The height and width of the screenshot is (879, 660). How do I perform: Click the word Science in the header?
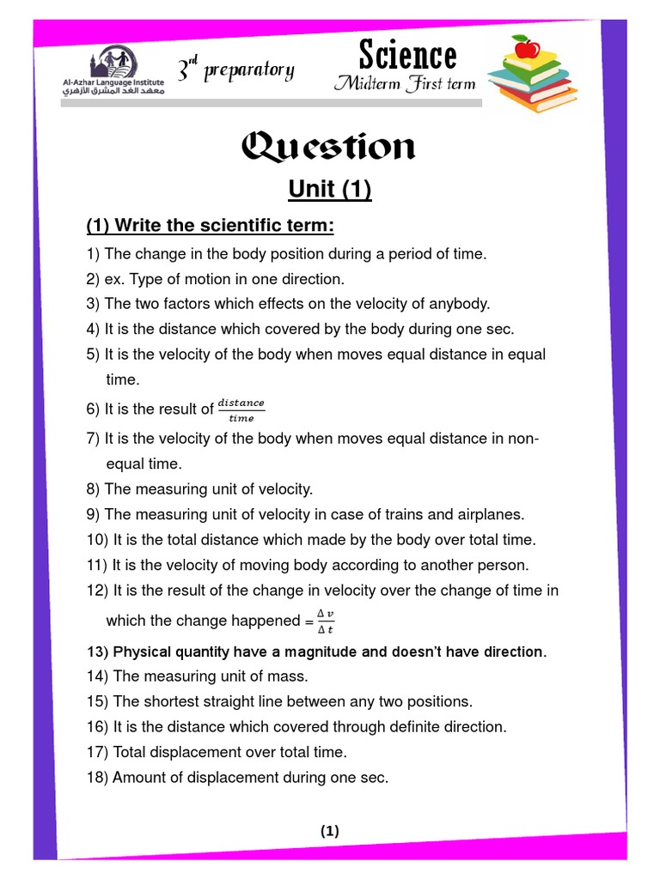click(407, 56)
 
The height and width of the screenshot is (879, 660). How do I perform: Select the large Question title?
click(329, 148)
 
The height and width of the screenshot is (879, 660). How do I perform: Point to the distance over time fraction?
click(241, 409)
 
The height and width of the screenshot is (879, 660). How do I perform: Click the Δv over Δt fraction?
click(326, 620)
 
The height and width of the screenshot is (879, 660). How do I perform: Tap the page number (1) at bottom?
click(330, 830)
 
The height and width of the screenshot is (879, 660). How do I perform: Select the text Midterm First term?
click(406, 84)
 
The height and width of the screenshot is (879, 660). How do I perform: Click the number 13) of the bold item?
click(97, 652)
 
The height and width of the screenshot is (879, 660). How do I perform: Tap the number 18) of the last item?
click(97, 778)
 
